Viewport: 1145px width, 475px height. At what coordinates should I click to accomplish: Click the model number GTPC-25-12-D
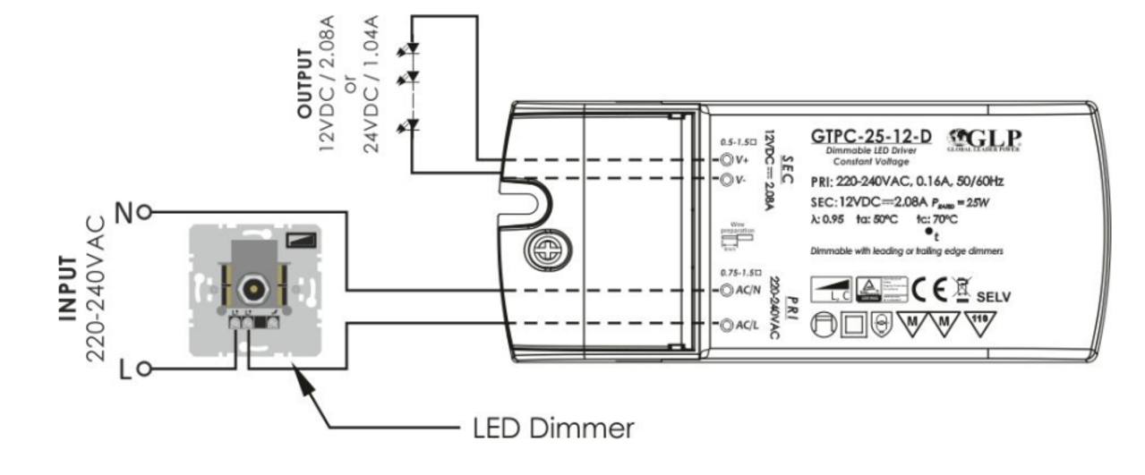pos(870,137)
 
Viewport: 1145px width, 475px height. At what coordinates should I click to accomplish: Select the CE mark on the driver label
pos(930,289)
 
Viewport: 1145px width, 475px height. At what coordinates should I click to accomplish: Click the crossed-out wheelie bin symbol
pos(960,288)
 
